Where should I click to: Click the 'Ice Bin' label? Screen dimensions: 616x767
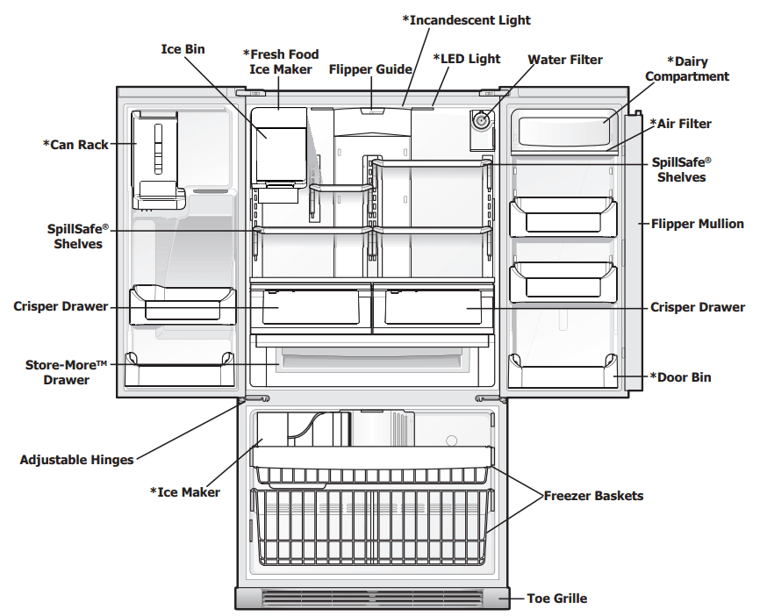[183, 49]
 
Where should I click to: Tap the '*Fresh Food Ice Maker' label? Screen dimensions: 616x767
[281, 62]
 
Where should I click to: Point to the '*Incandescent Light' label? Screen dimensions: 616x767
[466, 20]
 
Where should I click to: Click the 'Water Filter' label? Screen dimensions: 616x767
[565, 60]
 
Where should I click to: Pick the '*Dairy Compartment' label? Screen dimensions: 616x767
[687, 69]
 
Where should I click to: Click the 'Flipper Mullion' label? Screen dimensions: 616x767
[697, 224]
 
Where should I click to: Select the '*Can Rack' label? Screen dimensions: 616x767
[75, 144]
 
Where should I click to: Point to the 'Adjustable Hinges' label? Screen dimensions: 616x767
[77, 459]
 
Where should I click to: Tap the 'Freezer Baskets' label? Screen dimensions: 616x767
[593, 496]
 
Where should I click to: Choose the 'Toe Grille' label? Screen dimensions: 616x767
[556, 598]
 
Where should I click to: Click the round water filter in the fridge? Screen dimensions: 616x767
[480, 121]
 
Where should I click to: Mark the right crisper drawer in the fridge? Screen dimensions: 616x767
[430, 309]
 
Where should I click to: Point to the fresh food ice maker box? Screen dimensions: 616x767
[279, 145]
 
